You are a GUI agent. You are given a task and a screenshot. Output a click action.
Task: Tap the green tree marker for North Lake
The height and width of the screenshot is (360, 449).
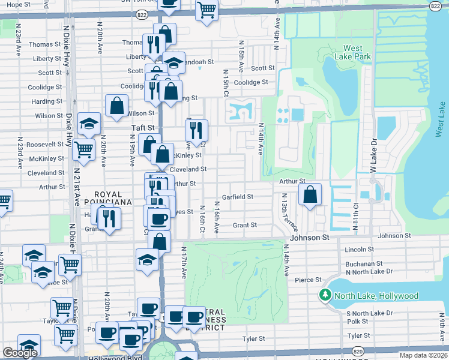click(x=325, y=296)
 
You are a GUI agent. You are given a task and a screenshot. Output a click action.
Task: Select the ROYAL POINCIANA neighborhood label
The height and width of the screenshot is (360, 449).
click(x=104, y=199)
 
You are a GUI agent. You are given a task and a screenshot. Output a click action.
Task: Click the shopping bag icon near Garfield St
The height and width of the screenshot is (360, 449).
click(x=309, y=194)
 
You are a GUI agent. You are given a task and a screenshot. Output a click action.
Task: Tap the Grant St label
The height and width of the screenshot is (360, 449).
click(x=245, y=225)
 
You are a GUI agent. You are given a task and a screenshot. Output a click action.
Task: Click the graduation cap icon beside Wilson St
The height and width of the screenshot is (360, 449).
click(x=89, y=124)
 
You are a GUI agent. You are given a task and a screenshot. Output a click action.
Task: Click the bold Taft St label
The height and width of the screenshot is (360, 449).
click(x=143, y=128)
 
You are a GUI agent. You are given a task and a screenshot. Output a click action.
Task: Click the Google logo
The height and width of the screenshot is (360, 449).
click(x=20, y=353)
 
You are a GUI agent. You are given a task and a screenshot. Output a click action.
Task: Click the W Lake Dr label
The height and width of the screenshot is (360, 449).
click(x=373, y=159)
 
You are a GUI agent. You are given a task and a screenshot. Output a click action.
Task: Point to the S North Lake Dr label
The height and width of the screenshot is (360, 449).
click(x=369, y=313)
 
